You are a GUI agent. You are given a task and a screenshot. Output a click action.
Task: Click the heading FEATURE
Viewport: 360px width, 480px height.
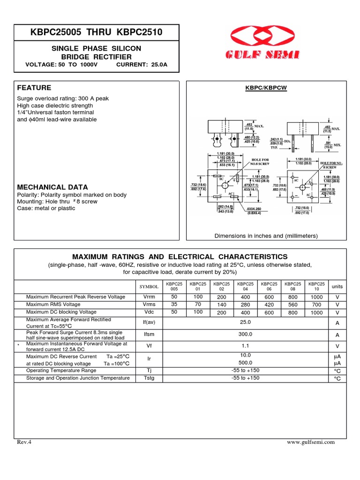tap(34, 88)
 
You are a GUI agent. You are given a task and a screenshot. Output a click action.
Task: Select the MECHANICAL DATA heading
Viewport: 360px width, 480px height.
tap(46, 187)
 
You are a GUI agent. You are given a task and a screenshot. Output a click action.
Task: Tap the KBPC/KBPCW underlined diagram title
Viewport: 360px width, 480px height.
tap(266, 88)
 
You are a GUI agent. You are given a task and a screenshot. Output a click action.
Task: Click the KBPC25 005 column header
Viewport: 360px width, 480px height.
tap(174, 286)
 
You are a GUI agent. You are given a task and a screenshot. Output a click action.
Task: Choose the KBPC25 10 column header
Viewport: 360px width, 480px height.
tap(316, 286)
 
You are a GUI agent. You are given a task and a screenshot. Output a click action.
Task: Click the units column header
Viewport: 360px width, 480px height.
tap(337, 286)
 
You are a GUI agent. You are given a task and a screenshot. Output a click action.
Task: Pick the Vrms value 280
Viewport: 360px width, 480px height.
tap(245, 305)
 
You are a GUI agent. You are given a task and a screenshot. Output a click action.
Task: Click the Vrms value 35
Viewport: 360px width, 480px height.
tap(174, 305)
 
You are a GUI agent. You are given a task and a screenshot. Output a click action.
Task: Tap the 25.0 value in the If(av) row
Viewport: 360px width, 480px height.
tap(245, 322)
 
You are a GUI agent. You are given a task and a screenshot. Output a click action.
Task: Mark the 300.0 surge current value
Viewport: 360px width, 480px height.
tap(245, 334)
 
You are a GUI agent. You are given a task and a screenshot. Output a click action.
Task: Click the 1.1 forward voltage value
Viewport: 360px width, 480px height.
tap(245, 346)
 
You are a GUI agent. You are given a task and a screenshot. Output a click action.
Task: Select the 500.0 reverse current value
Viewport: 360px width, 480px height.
tap(245, 362)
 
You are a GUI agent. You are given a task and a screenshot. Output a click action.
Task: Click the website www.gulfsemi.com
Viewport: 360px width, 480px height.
tap(311, 442)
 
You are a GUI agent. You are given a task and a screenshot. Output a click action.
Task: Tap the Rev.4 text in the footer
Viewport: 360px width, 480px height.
tap(24, 442)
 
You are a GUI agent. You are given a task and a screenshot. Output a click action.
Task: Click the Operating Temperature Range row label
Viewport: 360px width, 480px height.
tap(61, 370)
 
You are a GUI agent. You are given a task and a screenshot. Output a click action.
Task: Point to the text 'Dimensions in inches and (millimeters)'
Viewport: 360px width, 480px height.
tap(266, 236)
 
